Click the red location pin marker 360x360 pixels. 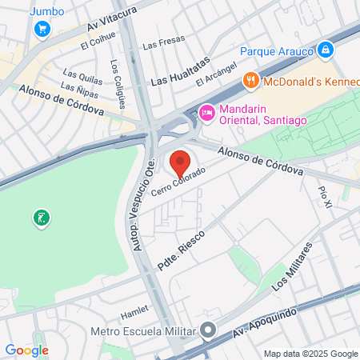[x=180, y=162]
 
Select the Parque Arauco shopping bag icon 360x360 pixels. [x=325, y=50]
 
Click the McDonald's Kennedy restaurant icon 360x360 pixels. [x=251, y=78]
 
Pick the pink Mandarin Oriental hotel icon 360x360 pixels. [x=206, y=114]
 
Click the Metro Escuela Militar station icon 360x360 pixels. [x=209, y=330]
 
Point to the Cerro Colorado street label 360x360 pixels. [x=178, y=183]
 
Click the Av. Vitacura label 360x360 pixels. [x=112, y=18]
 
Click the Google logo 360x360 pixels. [x=26, y=350]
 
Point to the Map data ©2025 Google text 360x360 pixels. [x=310, y=354]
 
